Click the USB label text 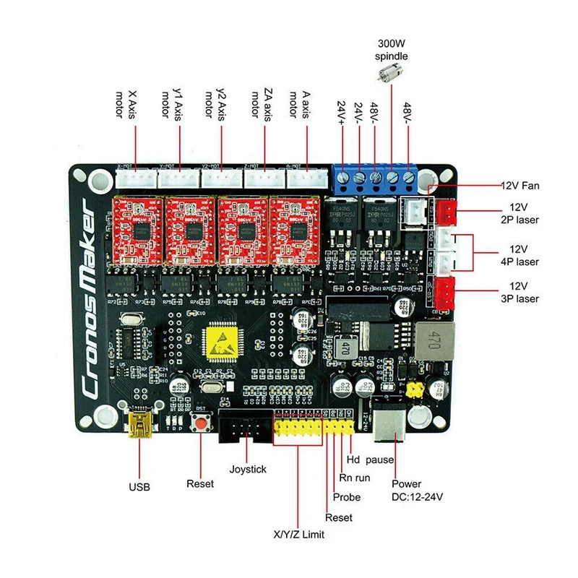(140, 487)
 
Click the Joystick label (248, 469)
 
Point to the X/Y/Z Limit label (298, 535)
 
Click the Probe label (347, 497)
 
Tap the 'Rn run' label (355, 478)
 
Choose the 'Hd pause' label (370, 459)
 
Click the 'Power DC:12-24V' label (415, 491)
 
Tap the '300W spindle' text (391, 49)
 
